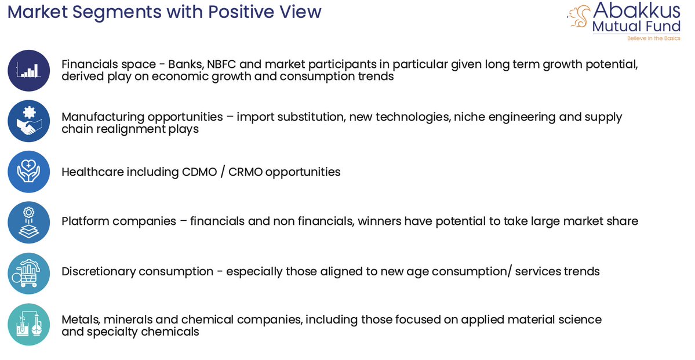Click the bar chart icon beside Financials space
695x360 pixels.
tap(29, 70)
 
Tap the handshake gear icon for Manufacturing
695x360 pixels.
tap(29, 121)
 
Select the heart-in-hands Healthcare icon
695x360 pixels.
tap(29, 172)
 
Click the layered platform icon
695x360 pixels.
tap(29, 222)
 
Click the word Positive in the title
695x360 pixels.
tap(242, 12)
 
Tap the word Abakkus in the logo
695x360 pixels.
tap(636, 11)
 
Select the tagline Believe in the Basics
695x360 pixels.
tap(653, 38)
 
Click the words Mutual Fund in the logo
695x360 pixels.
tap(636, 26)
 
